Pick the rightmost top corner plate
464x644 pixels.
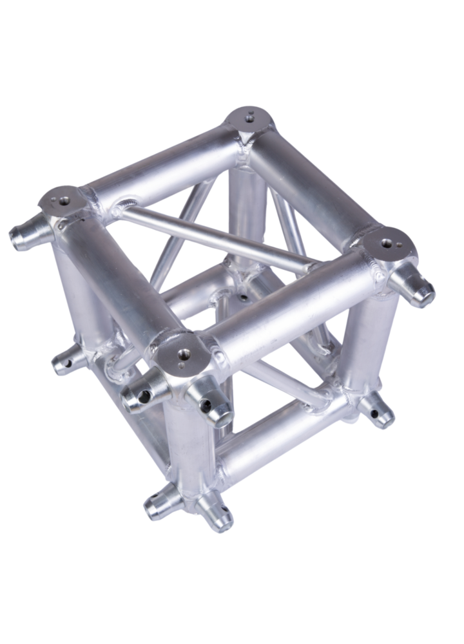389,245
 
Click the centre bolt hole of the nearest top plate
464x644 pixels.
183,353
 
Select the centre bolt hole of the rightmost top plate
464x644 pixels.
387,243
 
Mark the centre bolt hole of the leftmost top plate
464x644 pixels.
63,201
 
